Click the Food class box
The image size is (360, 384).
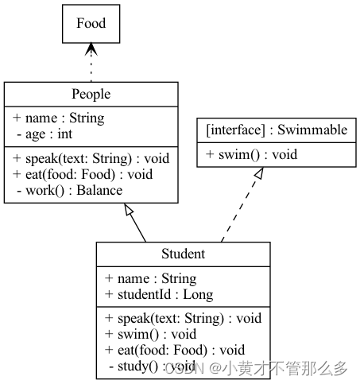(x=91, y=24)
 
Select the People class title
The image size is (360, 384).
(x=91, y=94)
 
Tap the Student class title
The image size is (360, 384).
(x=183, y=254)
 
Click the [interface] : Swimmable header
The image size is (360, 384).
(x=276, y=130)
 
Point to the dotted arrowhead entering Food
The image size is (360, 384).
(x=91, y=49)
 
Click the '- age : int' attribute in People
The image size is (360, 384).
(x=43, y=134)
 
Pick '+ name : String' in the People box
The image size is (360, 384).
(x=58, y=118)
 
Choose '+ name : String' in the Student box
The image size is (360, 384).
(x=150, y=278)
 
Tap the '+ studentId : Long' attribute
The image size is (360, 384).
(x=159, y=294)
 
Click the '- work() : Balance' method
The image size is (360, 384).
(x=68, y=190)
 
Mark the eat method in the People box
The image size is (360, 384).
(x=83, y=174)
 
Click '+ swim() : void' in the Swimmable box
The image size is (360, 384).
(x=251, y=154)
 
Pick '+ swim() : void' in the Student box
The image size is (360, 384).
(x=150, y=334)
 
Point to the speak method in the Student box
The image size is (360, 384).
(x=183, y=318)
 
